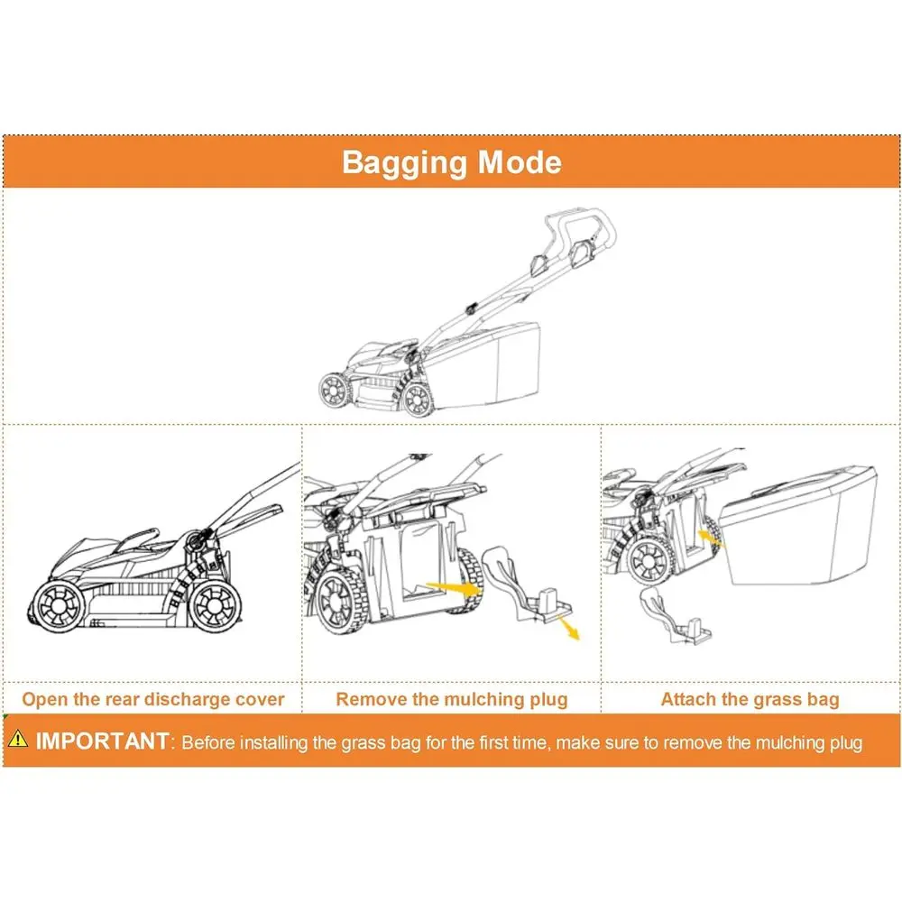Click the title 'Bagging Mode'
tap(451, 162)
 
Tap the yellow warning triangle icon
tap(18, 740)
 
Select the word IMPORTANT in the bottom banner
tap(101, 742)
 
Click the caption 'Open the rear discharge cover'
tap(153, 699)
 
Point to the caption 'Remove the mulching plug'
tap(452, 699)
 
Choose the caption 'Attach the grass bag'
tap(750, 699)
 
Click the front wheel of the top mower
tap(336, 391)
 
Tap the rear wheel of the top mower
tap(415, 395)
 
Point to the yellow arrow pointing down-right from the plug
tap(568, 629)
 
